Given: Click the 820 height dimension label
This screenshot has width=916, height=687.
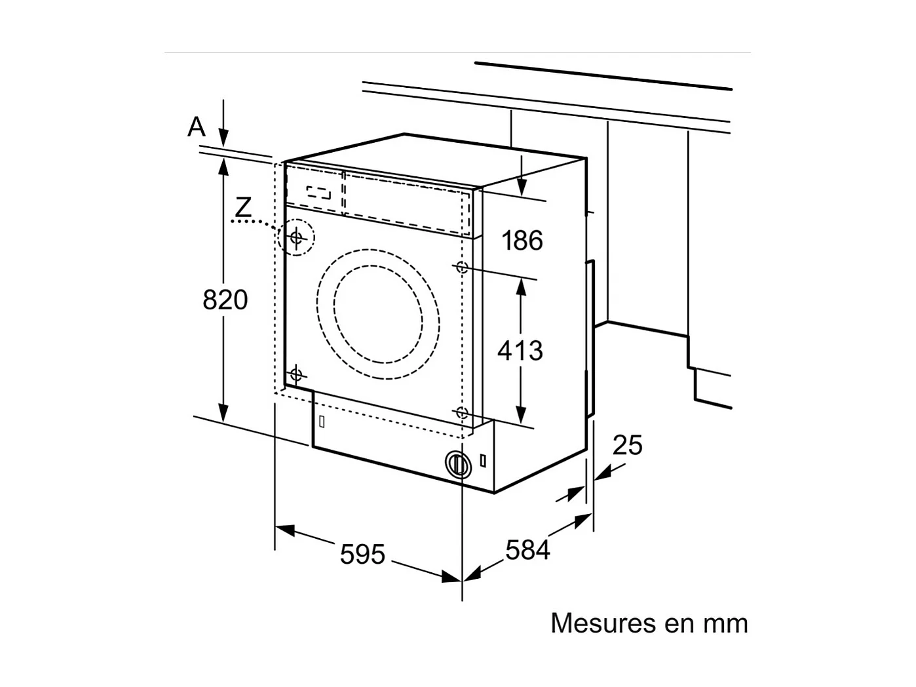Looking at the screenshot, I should tap(225, 300).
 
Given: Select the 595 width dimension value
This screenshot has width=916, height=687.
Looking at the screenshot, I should tap(362, 555).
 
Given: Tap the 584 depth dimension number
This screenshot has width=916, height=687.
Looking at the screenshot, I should tap(527, 549).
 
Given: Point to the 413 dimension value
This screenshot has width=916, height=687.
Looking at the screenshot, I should tap(520, 351).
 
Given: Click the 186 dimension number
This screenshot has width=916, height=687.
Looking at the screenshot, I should tap(522, 241).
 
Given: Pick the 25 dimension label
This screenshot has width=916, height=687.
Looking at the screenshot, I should tap(627, 446).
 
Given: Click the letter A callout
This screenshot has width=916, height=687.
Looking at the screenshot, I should tap(196, 127).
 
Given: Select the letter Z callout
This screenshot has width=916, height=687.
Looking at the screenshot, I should tap(243, 208).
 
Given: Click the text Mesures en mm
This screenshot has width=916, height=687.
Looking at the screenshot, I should tap(649, 623).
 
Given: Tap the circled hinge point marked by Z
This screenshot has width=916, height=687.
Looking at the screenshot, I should tap(296, 237).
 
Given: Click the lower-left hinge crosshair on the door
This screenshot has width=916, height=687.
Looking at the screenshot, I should tap(296, 374).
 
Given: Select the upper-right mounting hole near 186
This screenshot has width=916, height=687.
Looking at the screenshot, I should tap(461, 267).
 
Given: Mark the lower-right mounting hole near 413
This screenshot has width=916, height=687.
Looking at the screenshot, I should tap(462, 412).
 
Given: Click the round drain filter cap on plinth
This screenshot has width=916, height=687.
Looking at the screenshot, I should tap(457, 464).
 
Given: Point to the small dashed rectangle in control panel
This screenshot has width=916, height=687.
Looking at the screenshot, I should tap(318, 193).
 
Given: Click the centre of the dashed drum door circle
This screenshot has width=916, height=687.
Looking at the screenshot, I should tap(378, 314).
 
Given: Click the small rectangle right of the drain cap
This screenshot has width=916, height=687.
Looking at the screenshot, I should tap(483, 460).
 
